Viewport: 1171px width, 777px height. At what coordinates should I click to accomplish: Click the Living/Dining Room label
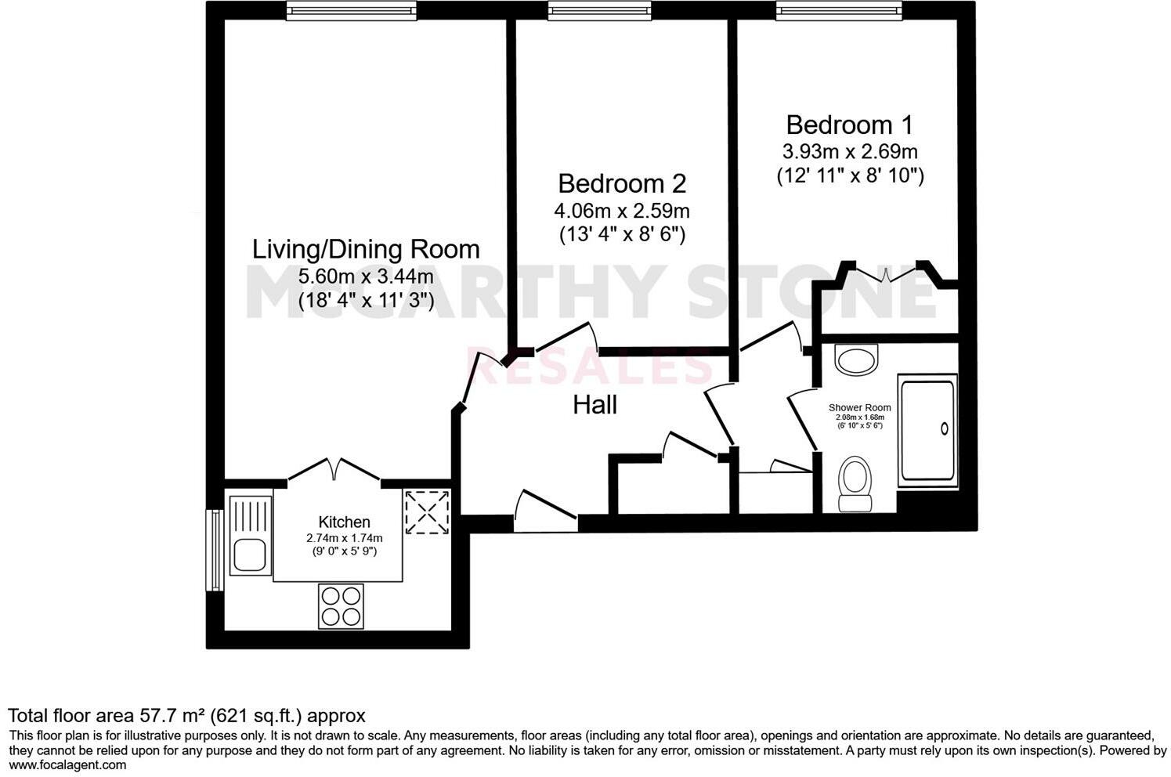pos(365,249)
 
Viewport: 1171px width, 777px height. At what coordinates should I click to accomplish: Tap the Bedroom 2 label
pos(622,183)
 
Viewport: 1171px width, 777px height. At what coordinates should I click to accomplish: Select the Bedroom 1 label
pos(850,125)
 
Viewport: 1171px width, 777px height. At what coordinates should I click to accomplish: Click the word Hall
pos(595,405)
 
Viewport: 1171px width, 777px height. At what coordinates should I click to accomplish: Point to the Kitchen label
pos(344,522)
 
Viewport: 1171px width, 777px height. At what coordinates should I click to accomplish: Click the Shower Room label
pos(860,408)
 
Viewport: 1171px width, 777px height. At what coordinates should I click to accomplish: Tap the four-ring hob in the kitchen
pos(341,605)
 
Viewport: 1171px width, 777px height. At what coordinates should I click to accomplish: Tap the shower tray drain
pos(944,428)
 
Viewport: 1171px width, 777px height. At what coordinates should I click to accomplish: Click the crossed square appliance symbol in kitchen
pos(427,513)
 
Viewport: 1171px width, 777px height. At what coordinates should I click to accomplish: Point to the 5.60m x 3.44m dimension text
pos(365,276)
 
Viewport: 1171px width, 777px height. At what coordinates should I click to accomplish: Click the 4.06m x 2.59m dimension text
pos(622,211)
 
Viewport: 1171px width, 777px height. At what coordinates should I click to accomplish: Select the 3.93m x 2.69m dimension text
pos(850,151)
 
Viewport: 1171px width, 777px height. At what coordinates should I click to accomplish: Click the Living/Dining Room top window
pos(350,9)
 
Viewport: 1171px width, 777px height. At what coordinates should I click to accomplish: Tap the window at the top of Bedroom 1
pos(839,9)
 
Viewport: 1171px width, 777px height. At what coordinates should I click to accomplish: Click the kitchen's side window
pos(211,550)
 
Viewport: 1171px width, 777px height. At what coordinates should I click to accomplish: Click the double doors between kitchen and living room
pos(335,471)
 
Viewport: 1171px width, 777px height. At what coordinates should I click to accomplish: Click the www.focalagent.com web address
pos(67,765)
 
